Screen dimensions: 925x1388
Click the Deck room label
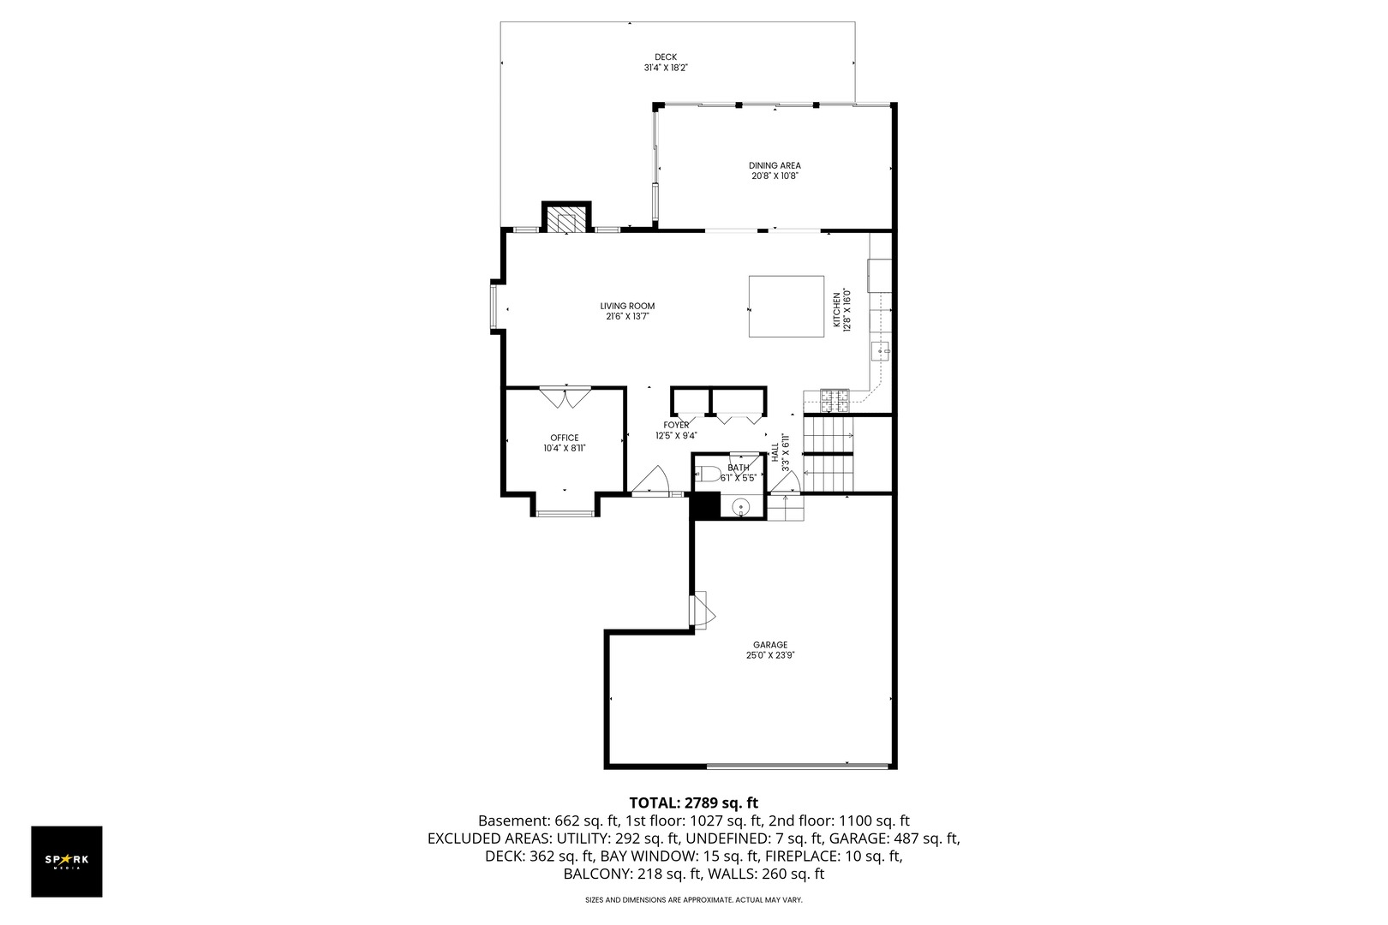[666, 57]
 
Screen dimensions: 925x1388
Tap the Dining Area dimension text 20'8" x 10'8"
[775, 176]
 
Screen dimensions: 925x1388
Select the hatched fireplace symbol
[566, 219]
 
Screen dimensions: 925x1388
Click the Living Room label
[627, 306]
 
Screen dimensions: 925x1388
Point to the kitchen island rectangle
[786, 307]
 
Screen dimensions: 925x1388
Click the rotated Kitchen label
[837, 310]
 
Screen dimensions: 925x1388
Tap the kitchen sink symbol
[881, 350]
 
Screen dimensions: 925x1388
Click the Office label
[564, 438]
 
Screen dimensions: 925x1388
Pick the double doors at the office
[565, 397]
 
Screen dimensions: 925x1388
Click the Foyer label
[676, 425]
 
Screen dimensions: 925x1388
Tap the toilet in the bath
[709, 472]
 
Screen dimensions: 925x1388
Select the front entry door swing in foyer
[653, 480]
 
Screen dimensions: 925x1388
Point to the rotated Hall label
[775, 452]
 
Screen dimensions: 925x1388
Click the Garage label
[769, 645]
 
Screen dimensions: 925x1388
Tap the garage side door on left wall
[702, 610]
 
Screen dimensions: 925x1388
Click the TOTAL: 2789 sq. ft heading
[693, 803]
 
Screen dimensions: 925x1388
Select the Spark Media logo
[67, 861]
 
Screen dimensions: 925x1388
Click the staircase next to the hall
[828, 453]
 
